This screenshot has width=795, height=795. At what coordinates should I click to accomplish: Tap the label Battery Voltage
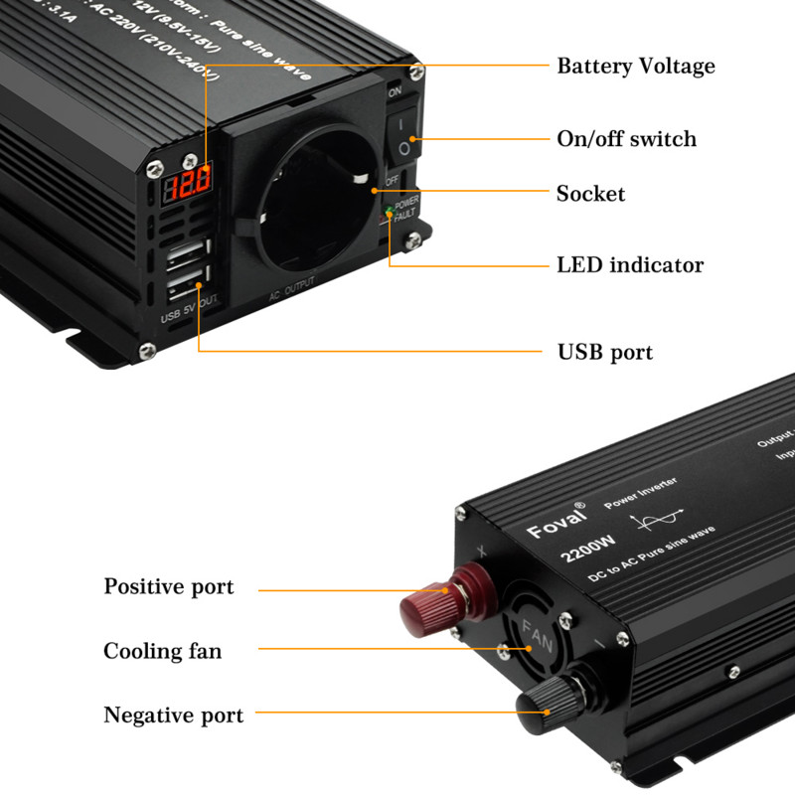pyautogui.click(x=635, y=67)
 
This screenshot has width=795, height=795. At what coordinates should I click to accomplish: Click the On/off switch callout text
pyautogui.click(x=626, y=139)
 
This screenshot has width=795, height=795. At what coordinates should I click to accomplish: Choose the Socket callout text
pyautogui.click(x=590, y=194)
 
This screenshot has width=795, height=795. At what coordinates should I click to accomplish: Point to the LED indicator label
pyautogui.click(x=629, y=265)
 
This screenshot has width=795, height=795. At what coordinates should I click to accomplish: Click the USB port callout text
pyautogui.click(x=604, y=352)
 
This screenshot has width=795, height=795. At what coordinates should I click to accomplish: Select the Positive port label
pyautogui.click(x=169, y=586)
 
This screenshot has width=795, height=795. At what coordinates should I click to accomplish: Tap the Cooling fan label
pyautogui.click(x=162, y=652)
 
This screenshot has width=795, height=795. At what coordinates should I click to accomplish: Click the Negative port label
pyautogui.click(x=173, y=715)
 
